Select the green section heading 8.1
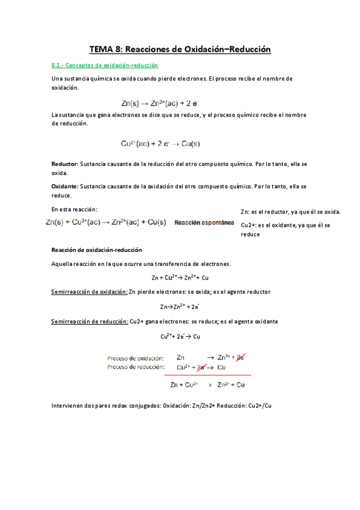(105, 65)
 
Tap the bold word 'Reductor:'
(65, 164)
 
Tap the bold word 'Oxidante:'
(65, 186)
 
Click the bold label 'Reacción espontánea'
(204, 223)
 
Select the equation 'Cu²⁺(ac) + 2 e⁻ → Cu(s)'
(160, 144)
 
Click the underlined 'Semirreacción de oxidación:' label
(90, 292)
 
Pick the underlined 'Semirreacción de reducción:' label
(90, 322)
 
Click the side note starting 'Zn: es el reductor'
(290, 212)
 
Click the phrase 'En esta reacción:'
(75, 209)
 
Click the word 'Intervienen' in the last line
(68, 407)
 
